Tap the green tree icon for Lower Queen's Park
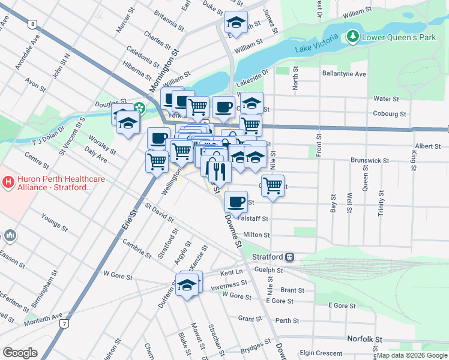pyautogui.click(x=353, y=37)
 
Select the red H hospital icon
pyautogui.click(x=8, y=181)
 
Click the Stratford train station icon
pyautogui.click(x=289, y=257)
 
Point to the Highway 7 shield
pyautogui.click(x=63, y=323)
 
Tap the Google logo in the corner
pyautogui.click(x=20, y=353)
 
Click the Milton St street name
pyautogui.click(x=256, y=235)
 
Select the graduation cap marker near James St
pyautogui.click(x=236, y=23)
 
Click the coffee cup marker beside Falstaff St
pyautogui.click(x=236, y=200)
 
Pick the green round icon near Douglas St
pyautogui.click(x=139, y=109)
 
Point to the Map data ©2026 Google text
pyautogui.click(x=412, y=356)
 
